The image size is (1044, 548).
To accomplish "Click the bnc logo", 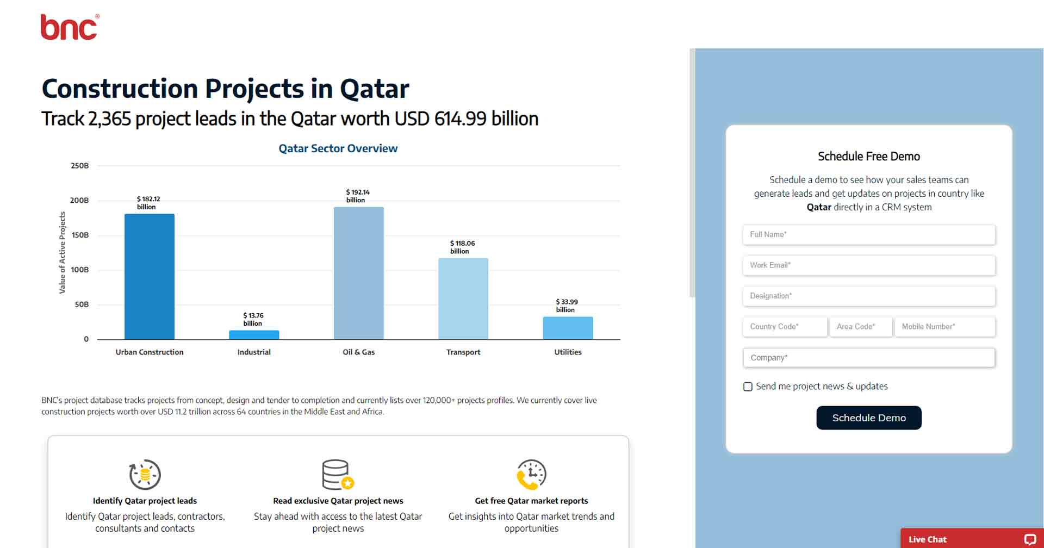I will pos(70,27).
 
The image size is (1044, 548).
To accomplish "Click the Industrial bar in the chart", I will pos(254,335).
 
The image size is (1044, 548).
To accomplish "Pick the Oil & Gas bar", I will pos(358,273).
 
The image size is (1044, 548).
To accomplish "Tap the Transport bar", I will pos(463,298).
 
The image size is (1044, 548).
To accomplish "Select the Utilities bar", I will pos(568,328).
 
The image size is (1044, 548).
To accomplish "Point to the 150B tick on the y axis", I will pos(79,235).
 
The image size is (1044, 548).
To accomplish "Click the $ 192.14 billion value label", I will pos(357,196).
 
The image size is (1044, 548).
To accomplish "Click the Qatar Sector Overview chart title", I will pos(338,148).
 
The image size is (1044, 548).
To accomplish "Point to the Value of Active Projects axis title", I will pos(62,253).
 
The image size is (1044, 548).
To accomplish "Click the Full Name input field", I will pos(868,235).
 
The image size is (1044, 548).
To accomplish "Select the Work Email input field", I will pos(868,265).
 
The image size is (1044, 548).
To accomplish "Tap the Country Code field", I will pos(784,327).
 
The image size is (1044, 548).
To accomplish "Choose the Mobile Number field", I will pos(944,327).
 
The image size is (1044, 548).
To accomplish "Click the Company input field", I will pos(868,358).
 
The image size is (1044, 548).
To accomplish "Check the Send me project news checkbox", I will pos(748,387).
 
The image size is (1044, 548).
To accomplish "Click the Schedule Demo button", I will pos(868,418).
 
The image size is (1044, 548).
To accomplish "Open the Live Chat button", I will pos(971,539).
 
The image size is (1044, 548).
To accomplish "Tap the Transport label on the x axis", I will pos(463,352).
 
